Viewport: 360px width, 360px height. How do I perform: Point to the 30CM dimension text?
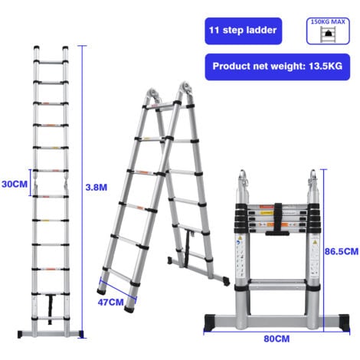[15, 184]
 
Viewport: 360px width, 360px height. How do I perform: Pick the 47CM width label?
[112, 303]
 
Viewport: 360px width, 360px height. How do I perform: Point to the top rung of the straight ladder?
[51, 55]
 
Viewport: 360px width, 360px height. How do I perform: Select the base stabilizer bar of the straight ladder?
[51, 332]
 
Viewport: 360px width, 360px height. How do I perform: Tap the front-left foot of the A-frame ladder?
[102, 290]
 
